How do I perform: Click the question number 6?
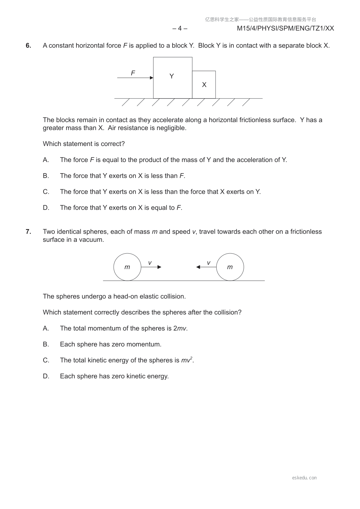[28, 46]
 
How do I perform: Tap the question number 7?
[28, 232]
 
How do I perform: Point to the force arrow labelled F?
[135, 78]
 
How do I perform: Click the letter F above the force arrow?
[133, 73]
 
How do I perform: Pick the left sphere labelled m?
[127, 267]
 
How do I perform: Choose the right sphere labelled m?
[230, 267]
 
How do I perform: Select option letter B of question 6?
[46, 176]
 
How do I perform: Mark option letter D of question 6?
[46, 208]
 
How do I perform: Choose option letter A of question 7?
[46, 329]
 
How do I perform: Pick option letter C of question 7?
[46, 360]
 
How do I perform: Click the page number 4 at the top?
[180, 28]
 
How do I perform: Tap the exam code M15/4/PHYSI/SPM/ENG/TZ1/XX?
[285, 28]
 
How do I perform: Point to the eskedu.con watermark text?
[304, 478]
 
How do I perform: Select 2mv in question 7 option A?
[180, 329]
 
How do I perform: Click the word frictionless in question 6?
[256, 120]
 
